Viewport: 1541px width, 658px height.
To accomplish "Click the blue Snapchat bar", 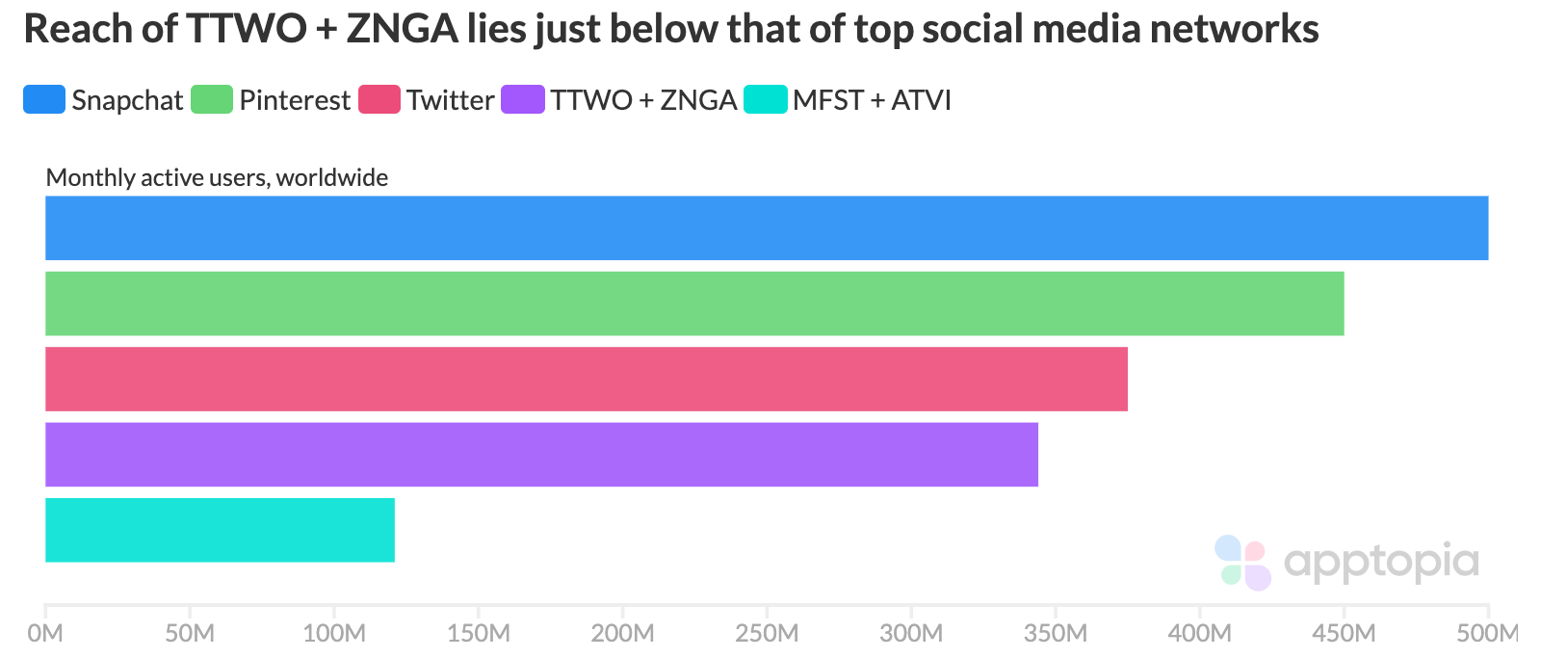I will (x=766, y=228).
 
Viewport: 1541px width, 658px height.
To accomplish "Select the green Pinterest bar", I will (x=693, y=303).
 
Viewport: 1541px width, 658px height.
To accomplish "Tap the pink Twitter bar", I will (x=586, y=379).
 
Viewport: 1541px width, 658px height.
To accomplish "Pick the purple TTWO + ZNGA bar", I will (x=541, y=454).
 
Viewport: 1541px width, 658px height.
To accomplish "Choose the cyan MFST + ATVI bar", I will (x=220, y=530).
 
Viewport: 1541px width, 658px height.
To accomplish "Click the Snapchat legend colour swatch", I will (x=44, y=100).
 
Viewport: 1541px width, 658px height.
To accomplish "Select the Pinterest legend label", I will (x=295, y=100).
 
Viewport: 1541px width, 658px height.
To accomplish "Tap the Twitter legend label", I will (x=450, y=100).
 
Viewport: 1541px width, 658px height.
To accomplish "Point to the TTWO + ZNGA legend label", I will (x=643, y=100).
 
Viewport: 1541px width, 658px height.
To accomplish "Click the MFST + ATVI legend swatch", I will (x=766, y=100).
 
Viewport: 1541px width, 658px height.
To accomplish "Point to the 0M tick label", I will (x=45, y=633).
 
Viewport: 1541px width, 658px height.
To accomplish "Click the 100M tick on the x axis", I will (x=334, y=633).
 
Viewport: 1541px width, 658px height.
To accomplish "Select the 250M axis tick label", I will (x=767, y=633).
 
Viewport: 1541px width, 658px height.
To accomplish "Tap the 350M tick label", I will (x=1056, y=633).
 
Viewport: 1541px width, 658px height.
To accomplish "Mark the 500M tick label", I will (x=1487, y=633).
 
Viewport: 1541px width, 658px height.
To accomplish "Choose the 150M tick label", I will (x=479, y=633).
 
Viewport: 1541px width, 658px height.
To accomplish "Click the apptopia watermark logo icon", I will (x=1243, y=563).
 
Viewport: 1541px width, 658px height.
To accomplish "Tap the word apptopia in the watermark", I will (x=1381, y=563).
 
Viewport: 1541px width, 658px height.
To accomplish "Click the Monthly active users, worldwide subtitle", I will (x=217, y=177).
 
